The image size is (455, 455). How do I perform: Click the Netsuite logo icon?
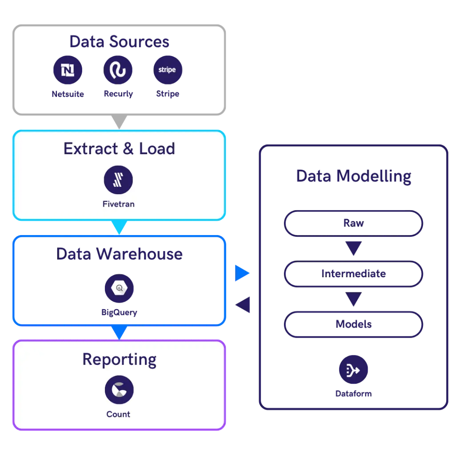coord(68,70)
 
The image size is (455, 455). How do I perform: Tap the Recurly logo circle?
coord(118,70)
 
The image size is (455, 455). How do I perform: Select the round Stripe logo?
coord(168,70)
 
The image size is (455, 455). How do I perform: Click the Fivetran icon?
coord(118,180)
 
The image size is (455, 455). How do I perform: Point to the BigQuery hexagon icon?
coord(119,288)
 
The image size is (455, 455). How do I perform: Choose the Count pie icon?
coord(119,390)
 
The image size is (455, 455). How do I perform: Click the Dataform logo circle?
coord(353,369)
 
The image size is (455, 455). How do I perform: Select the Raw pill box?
coord(353,224)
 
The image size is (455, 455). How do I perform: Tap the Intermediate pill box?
coord(353,274)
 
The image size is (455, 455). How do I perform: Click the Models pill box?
coord(353,324)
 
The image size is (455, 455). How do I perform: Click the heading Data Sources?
coord(119,41)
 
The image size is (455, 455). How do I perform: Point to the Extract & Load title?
coord(119,148)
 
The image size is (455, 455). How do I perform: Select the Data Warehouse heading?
coord(119,254)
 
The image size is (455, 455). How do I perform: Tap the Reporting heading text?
coord(119,360)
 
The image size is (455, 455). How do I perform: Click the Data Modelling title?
coord(354,176)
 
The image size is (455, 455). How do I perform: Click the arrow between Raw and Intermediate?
coord(353,248)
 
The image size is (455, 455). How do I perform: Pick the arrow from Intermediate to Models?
coord(353,299)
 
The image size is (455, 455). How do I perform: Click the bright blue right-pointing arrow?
coord(242,273)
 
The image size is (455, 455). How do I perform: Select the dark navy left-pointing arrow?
coord(243,305)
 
